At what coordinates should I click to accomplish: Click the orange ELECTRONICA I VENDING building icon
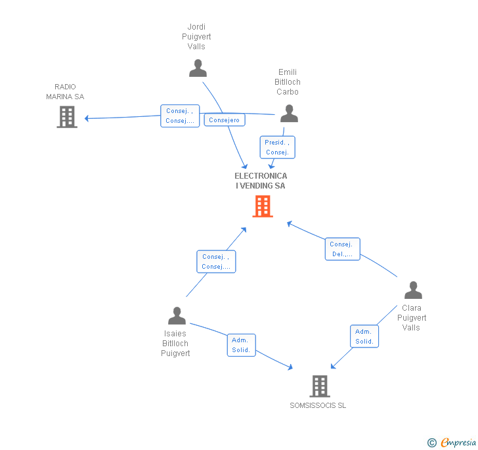263,207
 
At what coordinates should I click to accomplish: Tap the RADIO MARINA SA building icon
67,116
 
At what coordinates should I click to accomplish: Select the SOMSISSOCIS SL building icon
319,386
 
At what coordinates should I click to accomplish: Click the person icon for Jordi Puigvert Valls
198,68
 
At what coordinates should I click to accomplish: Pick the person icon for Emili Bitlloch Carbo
289,114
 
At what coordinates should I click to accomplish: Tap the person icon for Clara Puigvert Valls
413,290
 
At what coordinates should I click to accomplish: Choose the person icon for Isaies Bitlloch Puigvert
177,316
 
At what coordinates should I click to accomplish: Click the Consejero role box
225,120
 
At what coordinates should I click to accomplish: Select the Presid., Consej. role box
277,147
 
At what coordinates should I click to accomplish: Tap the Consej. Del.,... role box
342,249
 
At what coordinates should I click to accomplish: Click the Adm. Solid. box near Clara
364,336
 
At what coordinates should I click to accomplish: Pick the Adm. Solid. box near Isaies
241,345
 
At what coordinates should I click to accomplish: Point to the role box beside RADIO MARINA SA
180,116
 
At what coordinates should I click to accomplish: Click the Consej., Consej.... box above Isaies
216,261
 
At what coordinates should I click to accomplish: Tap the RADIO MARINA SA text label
65,92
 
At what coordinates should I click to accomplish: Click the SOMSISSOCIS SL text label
318,405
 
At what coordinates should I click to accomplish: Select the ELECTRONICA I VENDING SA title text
261,181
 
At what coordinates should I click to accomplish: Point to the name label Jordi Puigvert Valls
196,37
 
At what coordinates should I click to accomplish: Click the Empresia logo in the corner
452,442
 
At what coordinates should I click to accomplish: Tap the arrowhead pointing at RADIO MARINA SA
87,118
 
